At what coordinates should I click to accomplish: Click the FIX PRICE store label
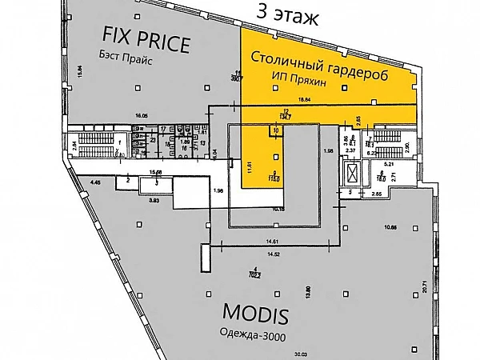[146, 39]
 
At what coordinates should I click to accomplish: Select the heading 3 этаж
[285, 14]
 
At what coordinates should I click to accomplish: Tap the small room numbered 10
[275, 130]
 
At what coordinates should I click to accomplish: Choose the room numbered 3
[157, 183]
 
